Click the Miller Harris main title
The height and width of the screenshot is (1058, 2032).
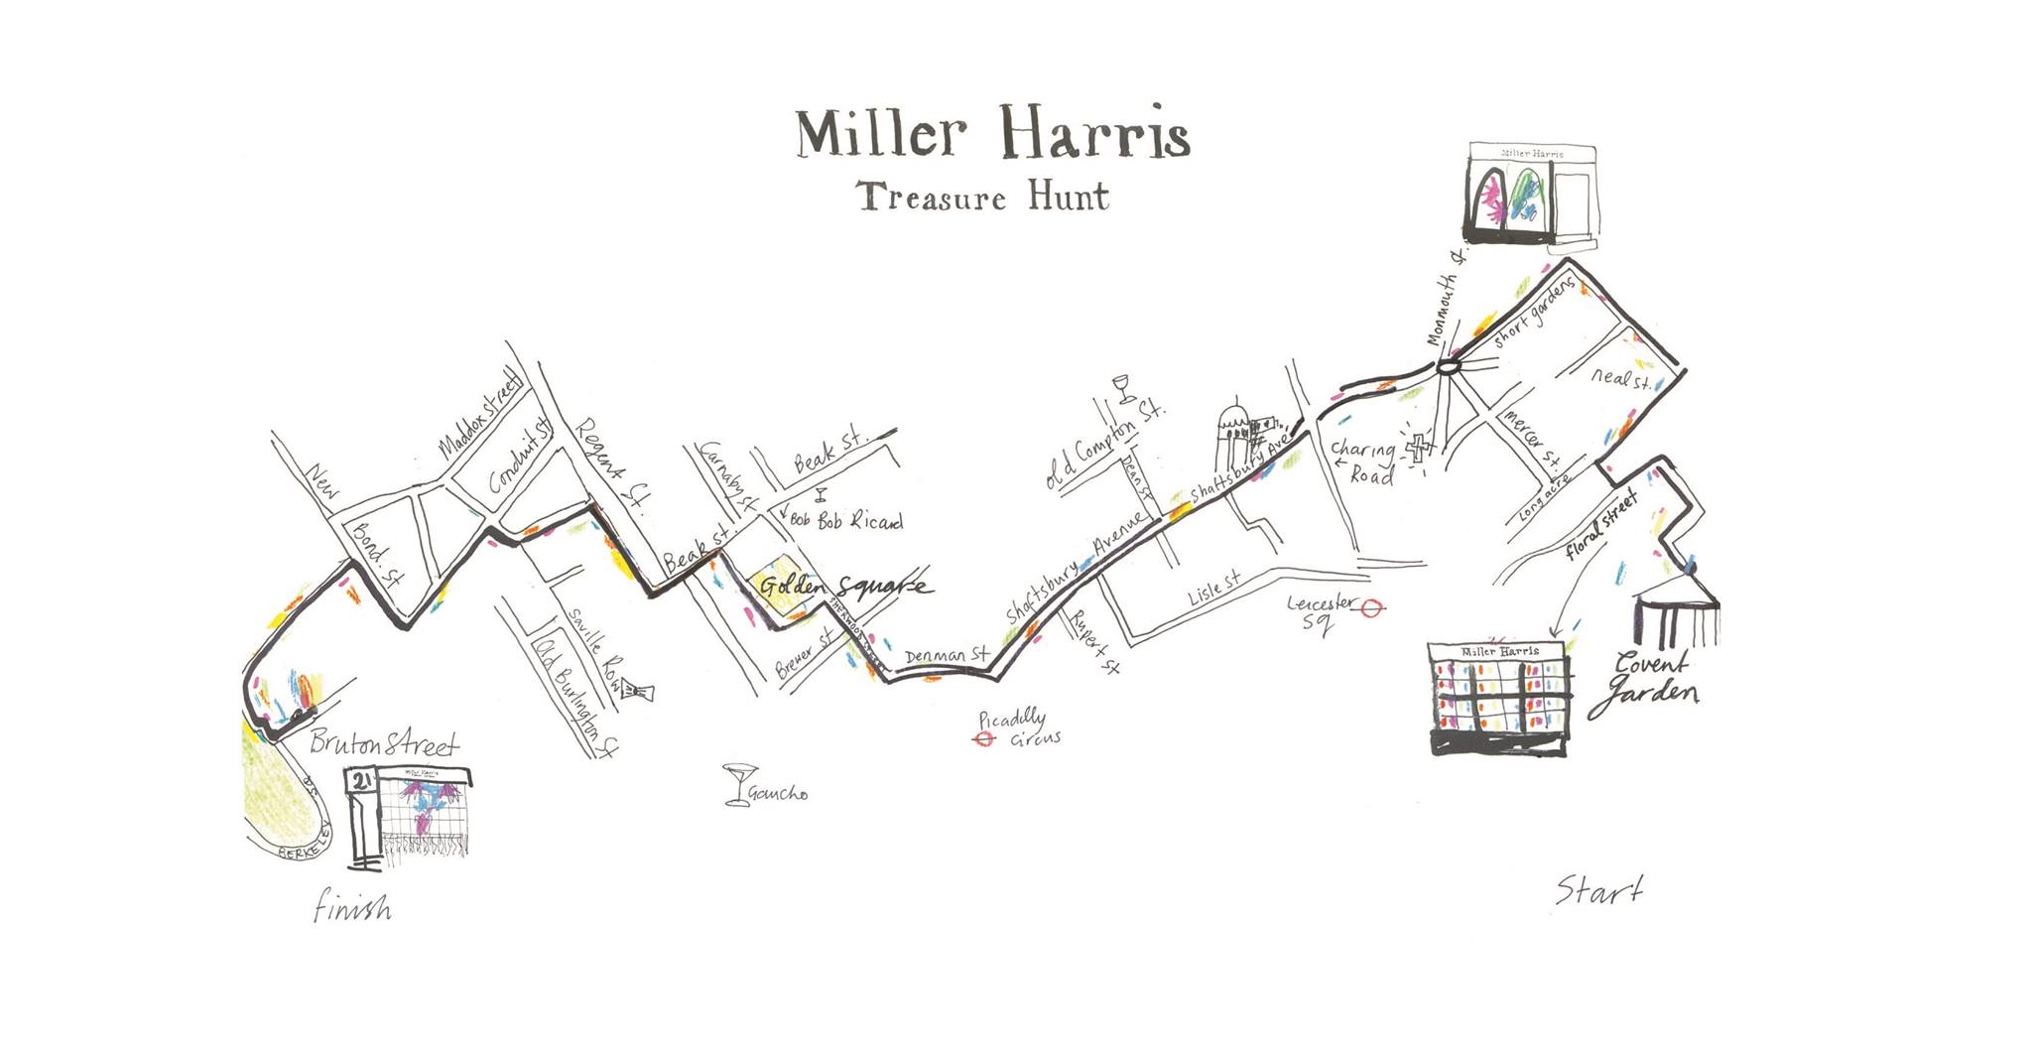(x=993, y=135)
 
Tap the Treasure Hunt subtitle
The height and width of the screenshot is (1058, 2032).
(x=983, y=197)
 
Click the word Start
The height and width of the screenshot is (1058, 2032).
(x=1597, y=890)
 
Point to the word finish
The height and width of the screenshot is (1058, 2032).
(x=351, y=907)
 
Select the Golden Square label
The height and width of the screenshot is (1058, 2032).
(x=844, y=587)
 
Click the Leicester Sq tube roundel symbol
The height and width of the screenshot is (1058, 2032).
(x=1372, y=608)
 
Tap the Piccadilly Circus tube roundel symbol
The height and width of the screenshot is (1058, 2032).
(x=984, y=738)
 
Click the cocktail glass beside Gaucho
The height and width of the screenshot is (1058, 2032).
(x=737, y=783)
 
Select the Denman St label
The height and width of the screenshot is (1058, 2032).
(x=947, y=656)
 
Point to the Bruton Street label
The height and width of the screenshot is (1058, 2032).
(x=384, y=743)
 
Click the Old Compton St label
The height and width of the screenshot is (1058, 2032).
(x=1103, y=445)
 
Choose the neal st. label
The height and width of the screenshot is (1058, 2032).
(x=1620, y=378)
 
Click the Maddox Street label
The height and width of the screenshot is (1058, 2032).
(x=480, y=417)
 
